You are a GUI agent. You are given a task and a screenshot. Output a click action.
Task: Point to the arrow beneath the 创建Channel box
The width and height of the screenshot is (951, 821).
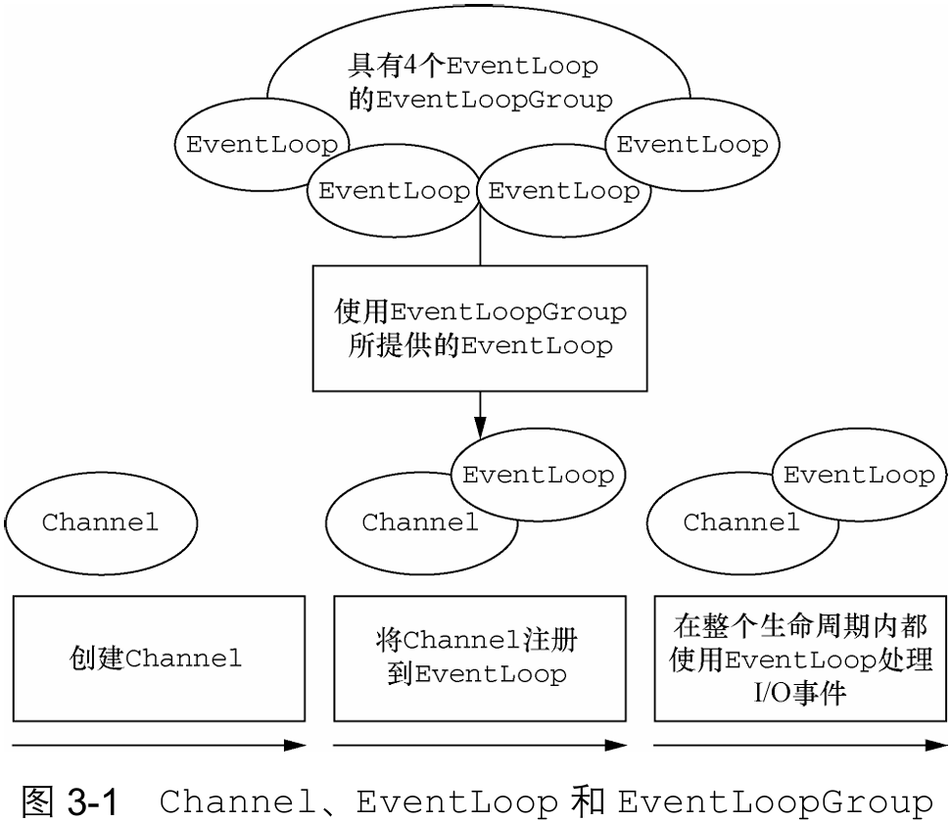(x=159, y=746)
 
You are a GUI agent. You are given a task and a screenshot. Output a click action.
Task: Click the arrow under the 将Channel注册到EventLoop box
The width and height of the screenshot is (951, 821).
(x=480, y=746)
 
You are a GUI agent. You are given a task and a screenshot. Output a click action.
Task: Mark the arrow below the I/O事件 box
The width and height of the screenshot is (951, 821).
(x=800, y=746)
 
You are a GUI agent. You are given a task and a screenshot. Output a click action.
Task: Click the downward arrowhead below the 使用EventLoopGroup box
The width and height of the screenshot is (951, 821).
(x=480, y=428)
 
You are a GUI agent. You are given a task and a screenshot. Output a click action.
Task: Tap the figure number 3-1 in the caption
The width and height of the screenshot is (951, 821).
(x=93, y=801)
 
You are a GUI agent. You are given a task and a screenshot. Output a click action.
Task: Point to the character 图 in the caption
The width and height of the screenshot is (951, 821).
(x=37, y=801)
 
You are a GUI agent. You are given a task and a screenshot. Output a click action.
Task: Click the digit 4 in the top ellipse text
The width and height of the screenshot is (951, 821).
(x=409, y=66)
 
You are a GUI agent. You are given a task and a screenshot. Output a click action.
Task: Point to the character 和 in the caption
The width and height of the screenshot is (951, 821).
(x=588, y=801)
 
